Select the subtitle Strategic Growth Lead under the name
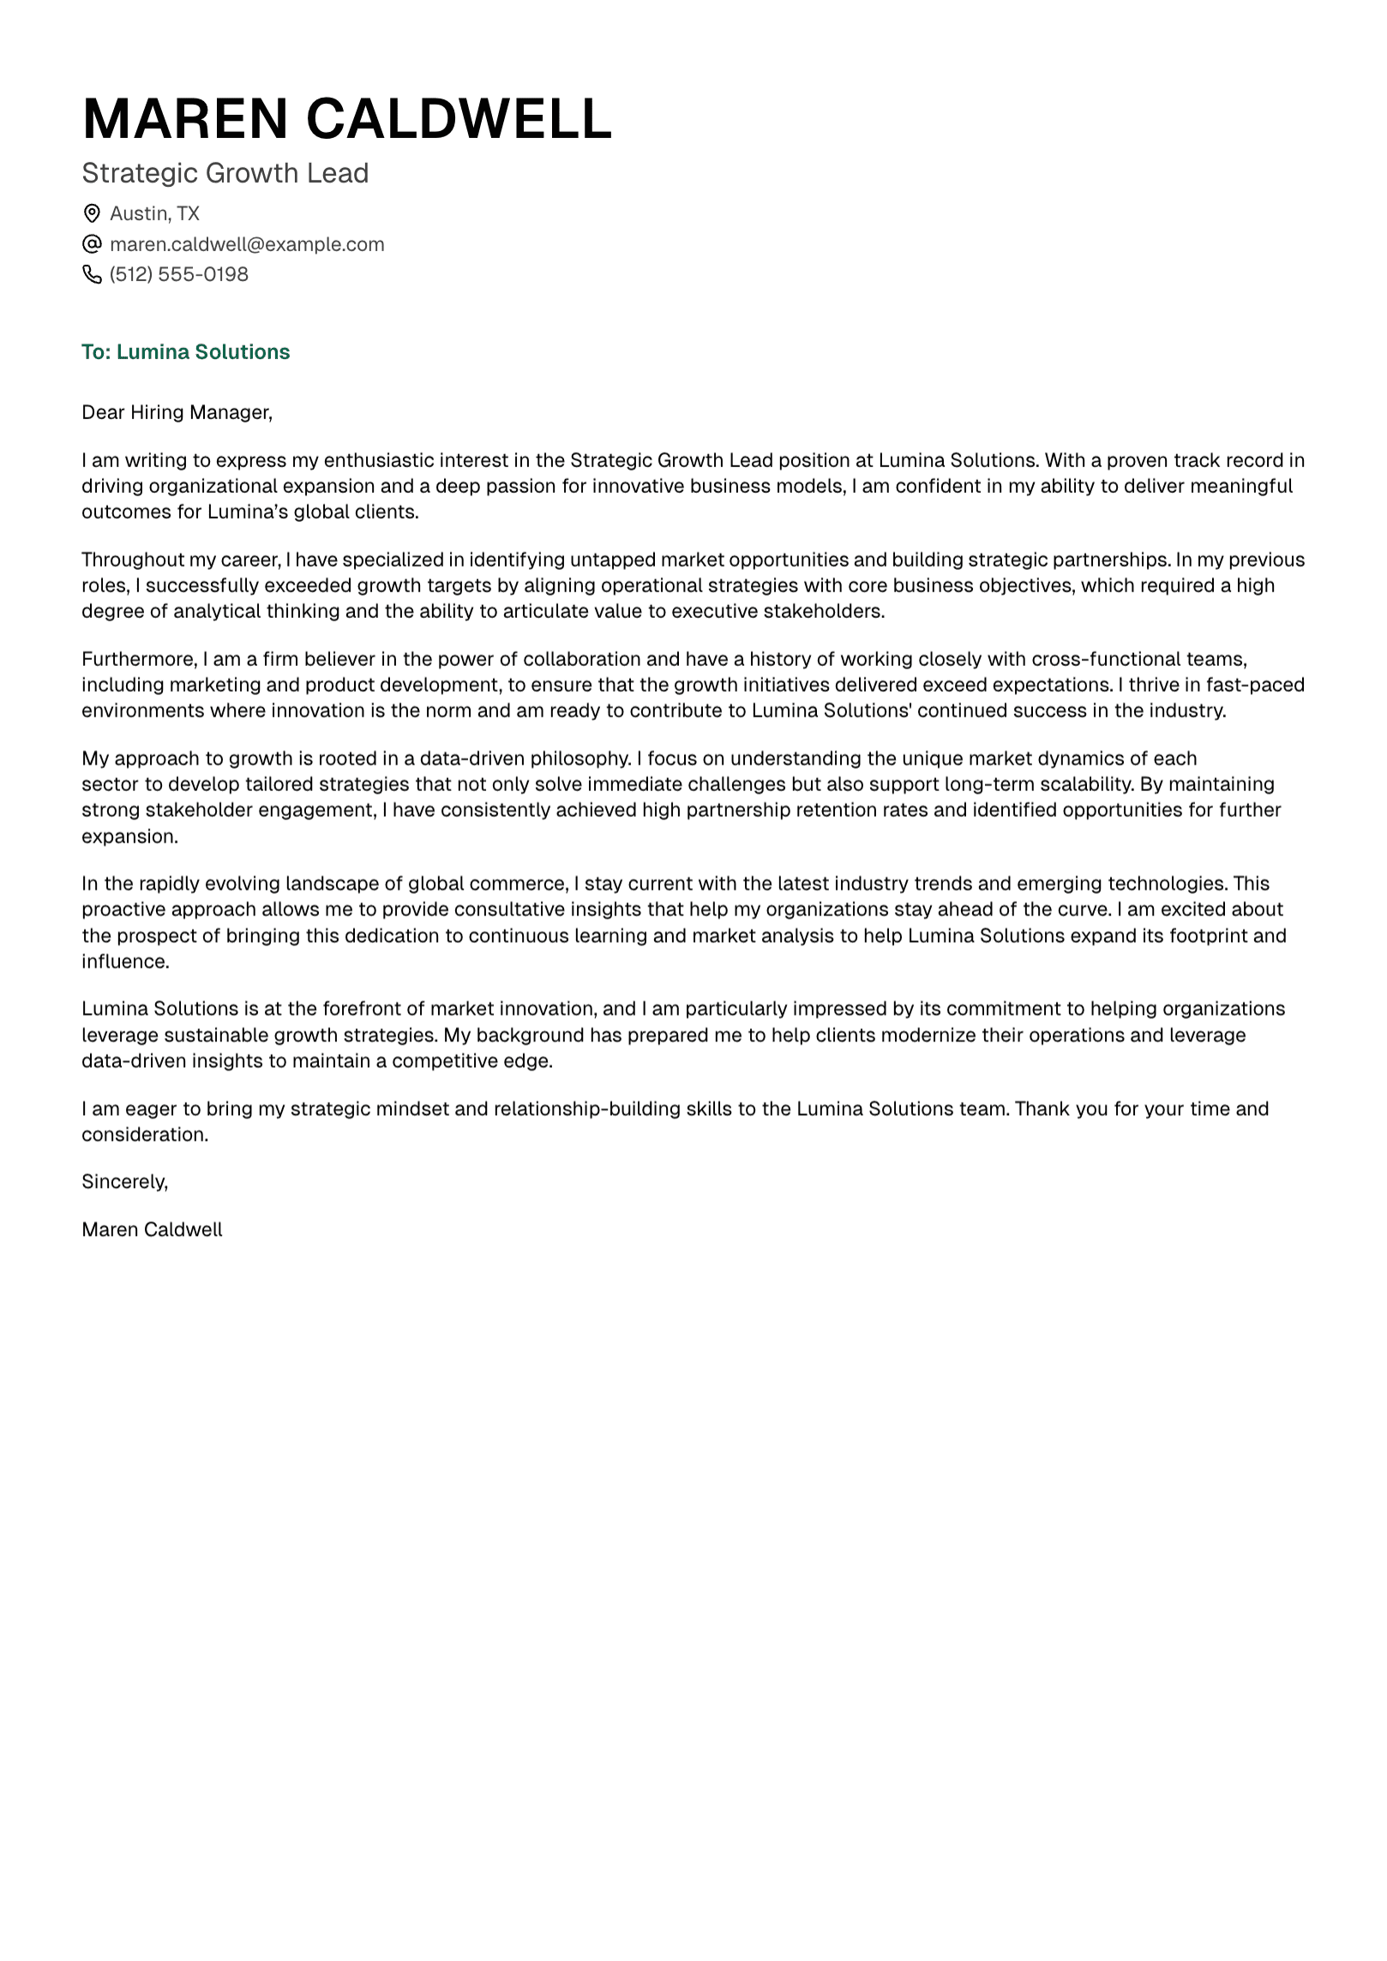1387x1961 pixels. pos(225,173)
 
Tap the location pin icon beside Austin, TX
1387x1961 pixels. pos(91,213)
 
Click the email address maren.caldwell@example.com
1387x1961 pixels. pos(247,244)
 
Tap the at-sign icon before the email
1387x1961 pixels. pos(91,244)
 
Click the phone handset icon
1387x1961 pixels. pos(91,274)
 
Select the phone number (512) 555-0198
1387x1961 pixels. pos(178,274)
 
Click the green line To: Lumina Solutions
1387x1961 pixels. pos(185,352)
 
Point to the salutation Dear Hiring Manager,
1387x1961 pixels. pos(177,412)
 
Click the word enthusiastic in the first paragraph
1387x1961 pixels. pos(378,460)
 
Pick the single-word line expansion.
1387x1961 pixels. pos(129,837)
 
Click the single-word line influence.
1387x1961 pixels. pos(125,962)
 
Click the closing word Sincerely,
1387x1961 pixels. pos(124,1182)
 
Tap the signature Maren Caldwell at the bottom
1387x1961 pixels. pos(152,1230)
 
